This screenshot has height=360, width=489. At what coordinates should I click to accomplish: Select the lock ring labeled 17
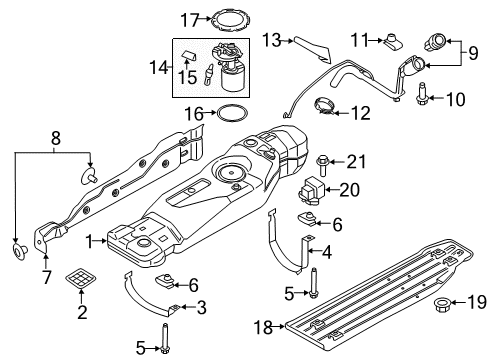[228, 16]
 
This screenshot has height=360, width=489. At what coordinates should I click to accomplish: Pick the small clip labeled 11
[392, 41]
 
